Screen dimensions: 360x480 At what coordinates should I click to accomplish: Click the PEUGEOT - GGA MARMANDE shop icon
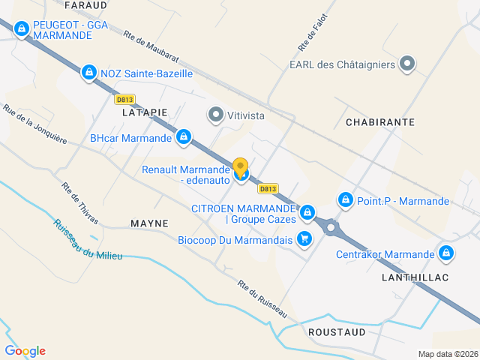point(21,29)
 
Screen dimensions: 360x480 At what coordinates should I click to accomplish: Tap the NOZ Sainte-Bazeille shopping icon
point(89,73)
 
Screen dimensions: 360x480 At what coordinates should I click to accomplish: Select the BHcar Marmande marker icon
point(184,138)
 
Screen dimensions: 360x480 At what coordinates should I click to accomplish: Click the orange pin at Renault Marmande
point(241,167)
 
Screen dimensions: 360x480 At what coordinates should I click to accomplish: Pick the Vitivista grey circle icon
point(216,115)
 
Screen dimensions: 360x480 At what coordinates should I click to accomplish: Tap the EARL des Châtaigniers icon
point(407,64)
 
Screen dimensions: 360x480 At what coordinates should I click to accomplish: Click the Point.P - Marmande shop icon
point(346,200)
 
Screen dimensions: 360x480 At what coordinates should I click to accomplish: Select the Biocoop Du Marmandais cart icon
point(304,239)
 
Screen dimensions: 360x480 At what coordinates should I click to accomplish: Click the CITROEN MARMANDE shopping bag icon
point(307,214)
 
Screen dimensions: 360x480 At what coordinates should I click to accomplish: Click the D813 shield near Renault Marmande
point(268,188)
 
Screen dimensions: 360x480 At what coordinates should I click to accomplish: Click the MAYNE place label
point(149,223)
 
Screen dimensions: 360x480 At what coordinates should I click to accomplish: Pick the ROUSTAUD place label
point(337,331)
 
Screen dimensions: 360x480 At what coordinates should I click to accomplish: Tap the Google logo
point(25,351)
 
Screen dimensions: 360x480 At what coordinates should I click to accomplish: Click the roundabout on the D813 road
point(330,226)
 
